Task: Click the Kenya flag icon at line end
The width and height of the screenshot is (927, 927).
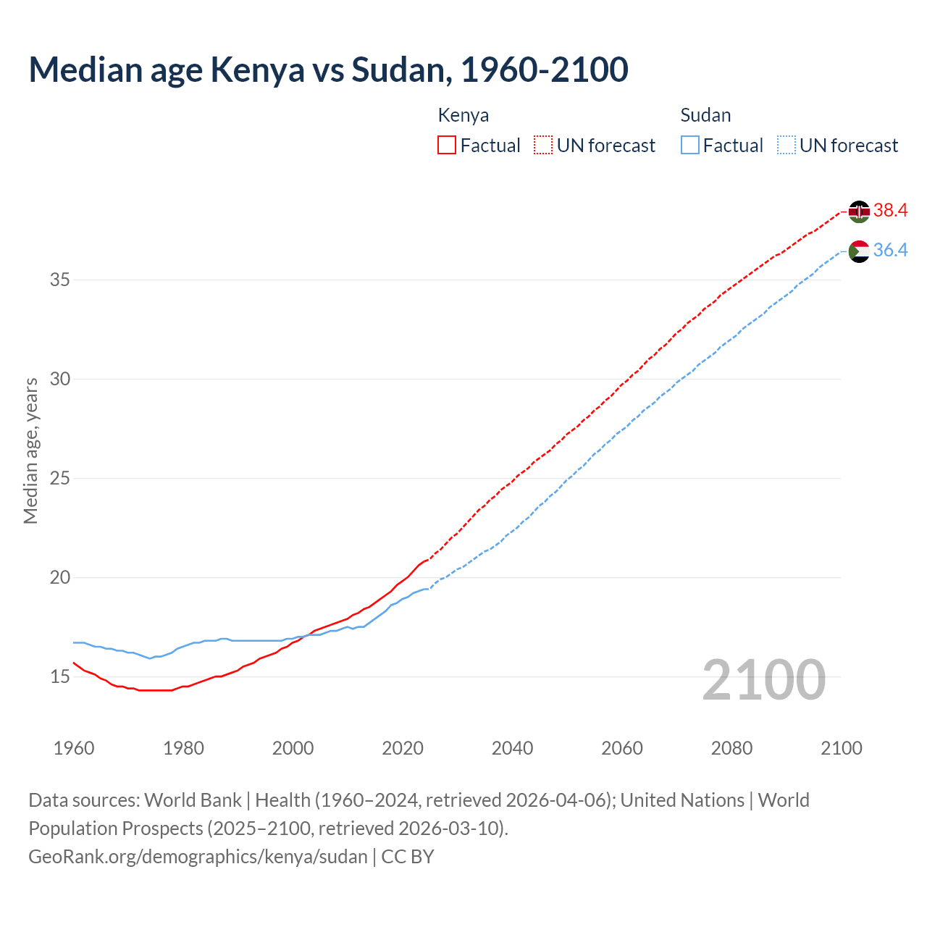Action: [x=859, y=211]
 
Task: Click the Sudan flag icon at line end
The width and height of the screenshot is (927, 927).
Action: [x=859, y=251]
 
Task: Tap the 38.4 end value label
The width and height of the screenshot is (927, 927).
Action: [x=890, y=211]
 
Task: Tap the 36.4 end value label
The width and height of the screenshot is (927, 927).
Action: [x=890, y=251]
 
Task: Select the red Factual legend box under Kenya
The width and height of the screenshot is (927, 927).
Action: [x=447, y=146]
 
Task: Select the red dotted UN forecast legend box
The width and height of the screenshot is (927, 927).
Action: [x=543, y=146]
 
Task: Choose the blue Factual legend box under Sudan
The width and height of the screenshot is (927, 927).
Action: [x=690, y=146]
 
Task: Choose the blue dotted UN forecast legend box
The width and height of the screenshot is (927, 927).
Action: [x=786, y=146]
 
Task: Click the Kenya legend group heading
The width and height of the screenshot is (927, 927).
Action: [x=463, y=115]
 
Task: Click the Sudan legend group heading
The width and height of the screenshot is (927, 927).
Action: [x=705, y=115]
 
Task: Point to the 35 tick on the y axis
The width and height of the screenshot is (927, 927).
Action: [x=59, y=280]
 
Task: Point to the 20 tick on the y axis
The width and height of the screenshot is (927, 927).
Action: [x=59, y=578]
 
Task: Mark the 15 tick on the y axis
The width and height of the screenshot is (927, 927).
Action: [x=59, y=677]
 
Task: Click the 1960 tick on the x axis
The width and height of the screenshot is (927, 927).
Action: [x=74, y=748]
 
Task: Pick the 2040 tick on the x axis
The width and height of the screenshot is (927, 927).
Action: [x=512, y=748]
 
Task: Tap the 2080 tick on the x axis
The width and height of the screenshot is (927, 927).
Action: [x=731, y=748]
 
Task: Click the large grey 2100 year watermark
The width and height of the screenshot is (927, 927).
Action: [x=763, y=680]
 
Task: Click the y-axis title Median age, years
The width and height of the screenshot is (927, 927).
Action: [x=30, y=450]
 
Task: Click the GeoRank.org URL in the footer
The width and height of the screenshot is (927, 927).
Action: [x=198, y=857]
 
